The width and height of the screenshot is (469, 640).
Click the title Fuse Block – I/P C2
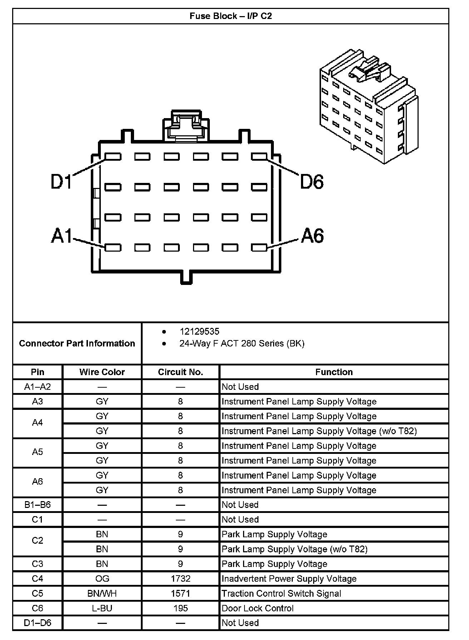tap(231, 16)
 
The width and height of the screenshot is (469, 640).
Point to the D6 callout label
tap(312, 181)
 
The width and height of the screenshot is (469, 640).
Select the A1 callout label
tap(62, 236)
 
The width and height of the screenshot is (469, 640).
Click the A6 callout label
tap(312, 236)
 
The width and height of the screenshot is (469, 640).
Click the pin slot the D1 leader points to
tap(113, 157)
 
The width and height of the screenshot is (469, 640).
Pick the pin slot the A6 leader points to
tap(259, 247)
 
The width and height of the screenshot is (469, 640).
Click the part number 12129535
tap(199, 331)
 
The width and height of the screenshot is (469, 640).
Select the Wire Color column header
tap(102, 372)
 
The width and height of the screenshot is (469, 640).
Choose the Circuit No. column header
tap(181, 372)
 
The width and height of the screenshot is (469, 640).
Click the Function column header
tap(334, 372)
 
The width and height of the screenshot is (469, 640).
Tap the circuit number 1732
tap(181, 579)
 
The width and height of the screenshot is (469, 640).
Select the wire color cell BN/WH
tap(102, 593)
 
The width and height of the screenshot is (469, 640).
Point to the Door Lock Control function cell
tap(257, 608)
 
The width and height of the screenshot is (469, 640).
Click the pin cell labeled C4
tap(38, 579)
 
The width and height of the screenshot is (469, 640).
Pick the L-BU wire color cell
tap(102, 608)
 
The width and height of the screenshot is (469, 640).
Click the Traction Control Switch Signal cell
tap(281, 593)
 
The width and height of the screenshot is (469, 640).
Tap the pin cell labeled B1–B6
tap(38, 505)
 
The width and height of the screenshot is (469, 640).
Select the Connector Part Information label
tap(77, 344)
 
